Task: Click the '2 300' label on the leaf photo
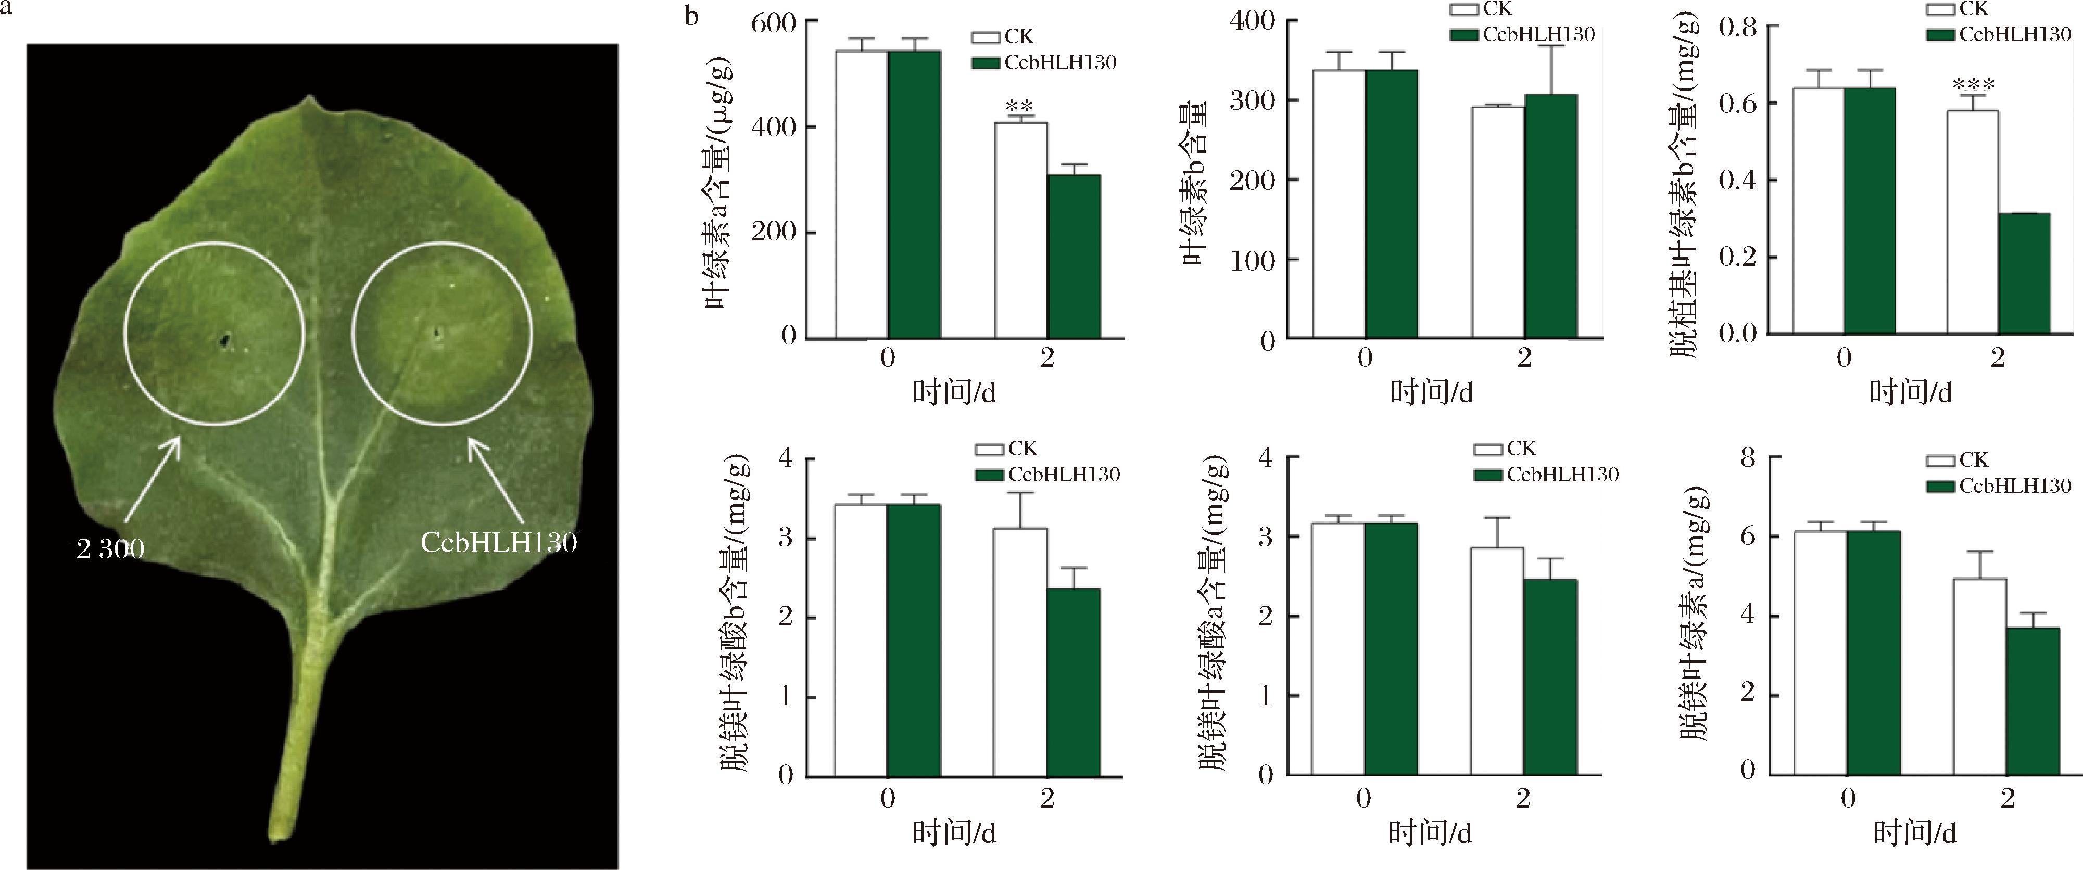tap(110, 549)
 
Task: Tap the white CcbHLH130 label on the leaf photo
tap(498, 542)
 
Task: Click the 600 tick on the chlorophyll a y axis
tap(773, 23)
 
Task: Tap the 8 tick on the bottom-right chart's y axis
tap(1748, 458)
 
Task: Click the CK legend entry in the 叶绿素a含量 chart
tap(1003, 37)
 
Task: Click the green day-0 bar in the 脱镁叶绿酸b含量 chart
tap(914, 639)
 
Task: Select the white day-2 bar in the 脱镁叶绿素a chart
tap(1980, 676)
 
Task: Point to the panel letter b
tap(691, 16)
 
